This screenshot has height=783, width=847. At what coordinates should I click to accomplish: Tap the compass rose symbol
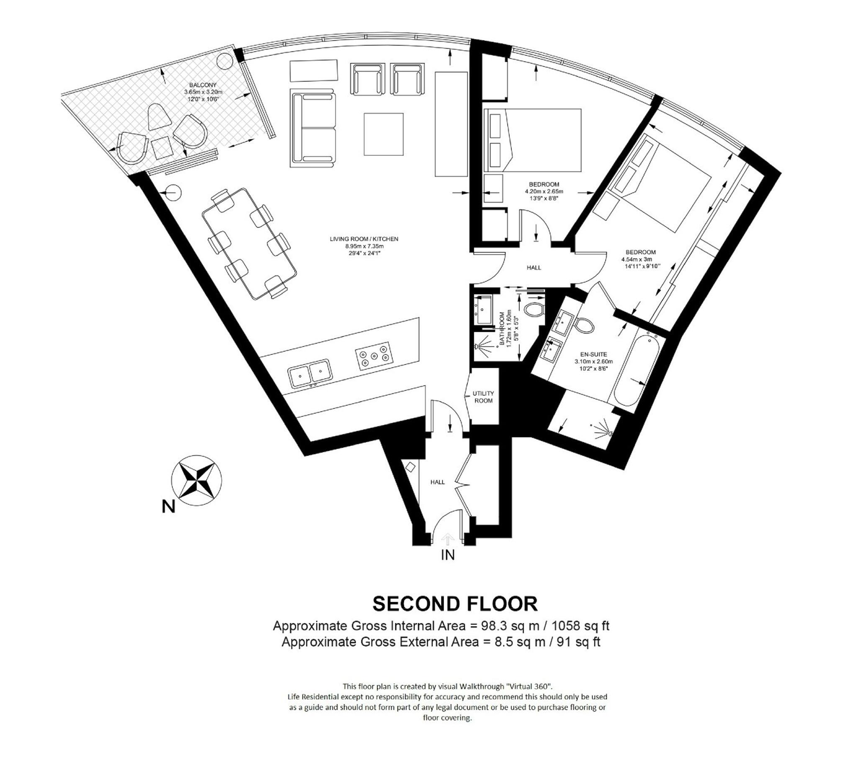[x=196, y=480]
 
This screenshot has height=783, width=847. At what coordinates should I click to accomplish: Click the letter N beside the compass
[x=168, y=506]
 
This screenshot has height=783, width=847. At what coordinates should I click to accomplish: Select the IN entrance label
[x=447, y=555]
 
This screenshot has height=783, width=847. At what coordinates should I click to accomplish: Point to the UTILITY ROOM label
[x=483, y=397]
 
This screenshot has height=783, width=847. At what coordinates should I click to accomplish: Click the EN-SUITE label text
[x=593, y=354]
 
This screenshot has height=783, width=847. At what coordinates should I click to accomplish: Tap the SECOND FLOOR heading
[x=454, y=604]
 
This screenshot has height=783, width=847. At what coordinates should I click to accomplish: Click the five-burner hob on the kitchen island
[x=374, y=356]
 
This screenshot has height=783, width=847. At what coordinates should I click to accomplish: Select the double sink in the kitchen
[x=310, y=373]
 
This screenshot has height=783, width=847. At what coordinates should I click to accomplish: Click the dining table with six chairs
[x=249, y=244]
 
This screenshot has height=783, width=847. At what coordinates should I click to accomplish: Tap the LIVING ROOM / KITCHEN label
[x=364, y=239]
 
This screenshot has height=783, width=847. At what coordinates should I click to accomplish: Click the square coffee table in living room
[x=383, y=134]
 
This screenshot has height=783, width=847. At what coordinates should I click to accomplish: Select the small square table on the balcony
[x=162, y=148]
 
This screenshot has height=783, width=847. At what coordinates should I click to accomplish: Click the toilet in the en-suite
[x=584, y=325]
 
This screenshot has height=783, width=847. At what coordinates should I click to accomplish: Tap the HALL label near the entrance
[x=437, y=482]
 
